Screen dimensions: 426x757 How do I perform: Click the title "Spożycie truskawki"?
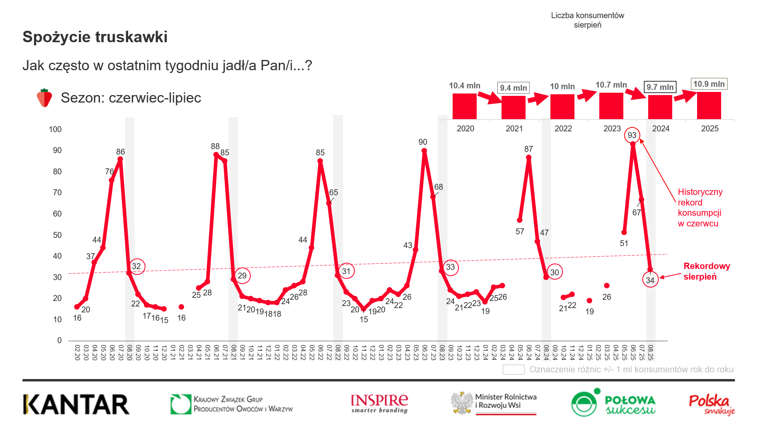coord(95,37)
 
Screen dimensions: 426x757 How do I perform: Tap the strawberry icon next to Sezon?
coord(44,98)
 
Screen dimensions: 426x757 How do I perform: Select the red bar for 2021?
coord(513,107)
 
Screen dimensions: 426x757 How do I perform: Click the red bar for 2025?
coord(709,106)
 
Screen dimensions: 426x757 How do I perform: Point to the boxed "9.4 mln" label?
coord(513,88)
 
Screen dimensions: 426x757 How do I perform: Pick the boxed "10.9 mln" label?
coord(709,84)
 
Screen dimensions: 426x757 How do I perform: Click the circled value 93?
coord(632,135)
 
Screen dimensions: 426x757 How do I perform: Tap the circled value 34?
coord(650,280)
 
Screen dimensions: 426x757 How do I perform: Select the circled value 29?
coord(242,275)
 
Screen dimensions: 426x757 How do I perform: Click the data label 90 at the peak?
coord(423,142)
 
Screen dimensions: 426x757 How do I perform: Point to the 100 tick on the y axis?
coord(55,129)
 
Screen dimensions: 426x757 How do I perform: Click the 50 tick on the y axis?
coord(57,235)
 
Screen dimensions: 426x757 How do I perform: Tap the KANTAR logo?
coord(76,404)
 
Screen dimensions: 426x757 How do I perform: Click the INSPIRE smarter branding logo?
coord(379,404)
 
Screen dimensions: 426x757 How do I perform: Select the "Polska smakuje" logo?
coord(712,405)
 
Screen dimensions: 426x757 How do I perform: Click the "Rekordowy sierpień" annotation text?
coord(707,271)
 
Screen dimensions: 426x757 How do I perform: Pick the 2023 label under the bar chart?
coord(612,129)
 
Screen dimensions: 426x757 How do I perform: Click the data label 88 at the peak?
coord(215,146)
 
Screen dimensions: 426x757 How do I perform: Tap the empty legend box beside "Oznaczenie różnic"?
coord(513,370)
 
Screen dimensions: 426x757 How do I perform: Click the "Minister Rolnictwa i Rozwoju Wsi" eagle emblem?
coord(462,403)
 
